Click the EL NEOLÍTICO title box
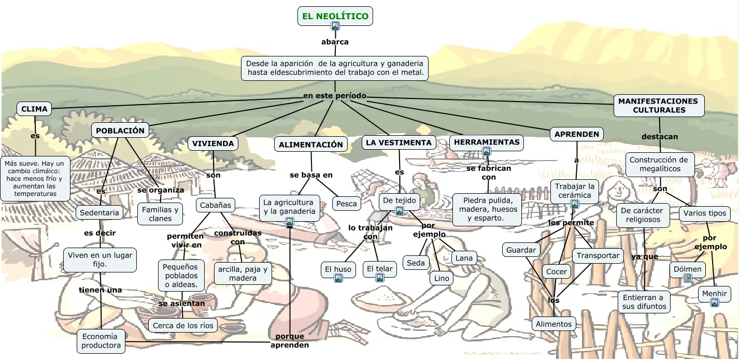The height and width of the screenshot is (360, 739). (x=335, y=16)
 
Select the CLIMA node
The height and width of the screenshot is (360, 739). (x=35, y=109)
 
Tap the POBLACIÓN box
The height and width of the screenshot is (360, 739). (x=120, y=131)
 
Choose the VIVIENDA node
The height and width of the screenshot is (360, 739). (x=214, y=143)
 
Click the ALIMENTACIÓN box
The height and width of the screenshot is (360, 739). (x=311, y=145)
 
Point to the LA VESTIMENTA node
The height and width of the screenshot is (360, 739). (x=399, y=142)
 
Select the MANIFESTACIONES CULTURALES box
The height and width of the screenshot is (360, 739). (x=659, y=105)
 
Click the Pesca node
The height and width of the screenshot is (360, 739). (x=347, y=204)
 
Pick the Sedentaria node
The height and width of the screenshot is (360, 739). (x=100, y=212)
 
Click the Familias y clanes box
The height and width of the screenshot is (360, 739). (x=160, y=214)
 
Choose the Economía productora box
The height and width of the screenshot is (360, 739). (x=101, y=341)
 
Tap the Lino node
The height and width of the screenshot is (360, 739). (x=441, y=278)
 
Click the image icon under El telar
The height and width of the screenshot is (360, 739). (x=380, y=278)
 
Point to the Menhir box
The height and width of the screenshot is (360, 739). (x=715, y=294)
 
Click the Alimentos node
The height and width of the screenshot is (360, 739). (x=554, y=324)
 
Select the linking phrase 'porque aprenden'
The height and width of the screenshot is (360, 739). (x=290, y=341)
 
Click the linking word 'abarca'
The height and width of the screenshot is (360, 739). (x=335, y=42)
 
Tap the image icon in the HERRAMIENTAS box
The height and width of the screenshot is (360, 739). (x=487, y=151)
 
